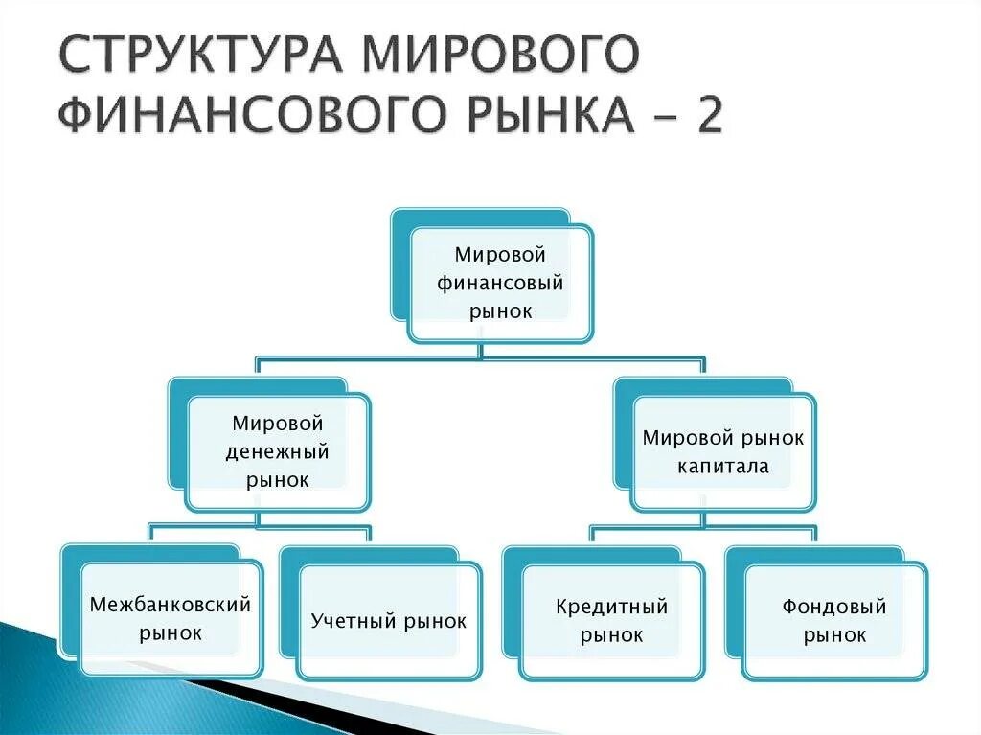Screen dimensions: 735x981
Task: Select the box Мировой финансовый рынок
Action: (500, 283)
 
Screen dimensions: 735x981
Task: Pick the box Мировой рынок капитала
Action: (723, 451)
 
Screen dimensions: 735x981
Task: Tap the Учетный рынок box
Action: (389, 621)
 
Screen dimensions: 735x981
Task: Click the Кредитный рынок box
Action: (611, 620)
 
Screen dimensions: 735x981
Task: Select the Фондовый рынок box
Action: (834, 620)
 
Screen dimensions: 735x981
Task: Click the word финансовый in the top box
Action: (500, 283)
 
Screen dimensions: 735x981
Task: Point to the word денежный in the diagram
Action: (277, 451)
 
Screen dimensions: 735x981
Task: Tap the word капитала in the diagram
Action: (723, 467)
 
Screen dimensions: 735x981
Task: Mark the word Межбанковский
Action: (171, 605)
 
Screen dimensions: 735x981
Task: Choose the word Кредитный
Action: (611, 607)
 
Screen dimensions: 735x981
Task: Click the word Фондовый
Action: (834, 607)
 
